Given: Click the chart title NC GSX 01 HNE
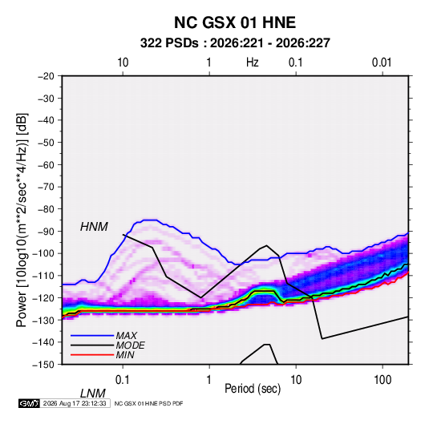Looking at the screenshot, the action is point(235,22).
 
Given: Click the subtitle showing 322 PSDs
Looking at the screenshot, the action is point(235,43).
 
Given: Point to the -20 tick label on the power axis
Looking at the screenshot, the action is point(46,76).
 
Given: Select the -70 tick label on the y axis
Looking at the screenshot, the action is point(46,187).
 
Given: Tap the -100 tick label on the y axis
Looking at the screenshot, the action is point(43,253).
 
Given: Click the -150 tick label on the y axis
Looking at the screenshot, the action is point(43,365).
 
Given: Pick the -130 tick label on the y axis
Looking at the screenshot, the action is point(43,320).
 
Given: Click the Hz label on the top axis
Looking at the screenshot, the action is point(253,63).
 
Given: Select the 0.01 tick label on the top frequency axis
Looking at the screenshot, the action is point(382,63).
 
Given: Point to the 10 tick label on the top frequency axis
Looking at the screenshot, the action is point(123,63).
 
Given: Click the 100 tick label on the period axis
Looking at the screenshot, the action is point(382,380).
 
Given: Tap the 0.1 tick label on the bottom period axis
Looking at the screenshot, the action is point(123,380).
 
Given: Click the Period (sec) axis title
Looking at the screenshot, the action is point(253,389).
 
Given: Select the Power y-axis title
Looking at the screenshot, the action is point(22,220).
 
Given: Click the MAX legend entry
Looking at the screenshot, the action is point(126,336).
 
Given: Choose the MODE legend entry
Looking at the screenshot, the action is point(130,345).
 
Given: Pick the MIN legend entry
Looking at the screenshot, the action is point(125,355).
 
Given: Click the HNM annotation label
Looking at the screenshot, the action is point(94,227).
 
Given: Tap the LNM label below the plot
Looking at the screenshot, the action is point(93,394).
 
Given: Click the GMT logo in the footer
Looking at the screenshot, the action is point(29,403).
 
